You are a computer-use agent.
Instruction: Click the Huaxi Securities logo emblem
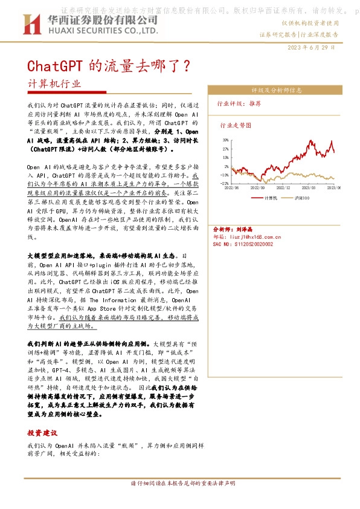point(28,25)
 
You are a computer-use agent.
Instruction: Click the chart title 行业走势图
point(235,126)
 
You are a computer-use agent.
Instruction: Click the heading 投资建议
point(42,433)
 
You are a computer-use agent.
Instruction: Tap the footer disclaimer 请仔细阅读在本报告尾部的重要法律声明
point(179,484)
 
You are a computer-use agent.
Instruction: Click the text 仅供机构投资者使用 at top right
point(309,22)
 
